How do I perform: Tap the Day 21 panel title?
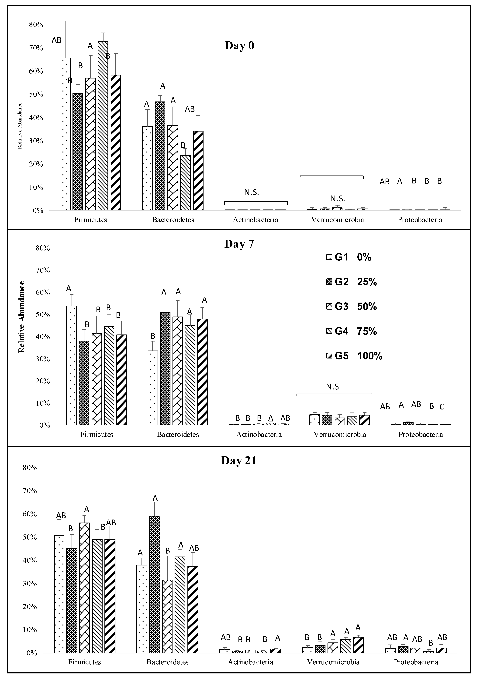[239, 461]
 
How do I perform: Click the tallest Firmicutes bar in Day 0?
[103, 126]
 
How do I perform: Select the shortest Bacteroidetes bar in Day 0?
[185, 182]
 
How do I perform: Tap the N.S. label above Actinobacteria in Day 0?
[251, 193]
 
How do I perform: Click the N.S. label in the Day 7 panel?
[333, 387]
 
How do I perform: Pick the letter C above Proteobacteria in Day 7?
[442, 407]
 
